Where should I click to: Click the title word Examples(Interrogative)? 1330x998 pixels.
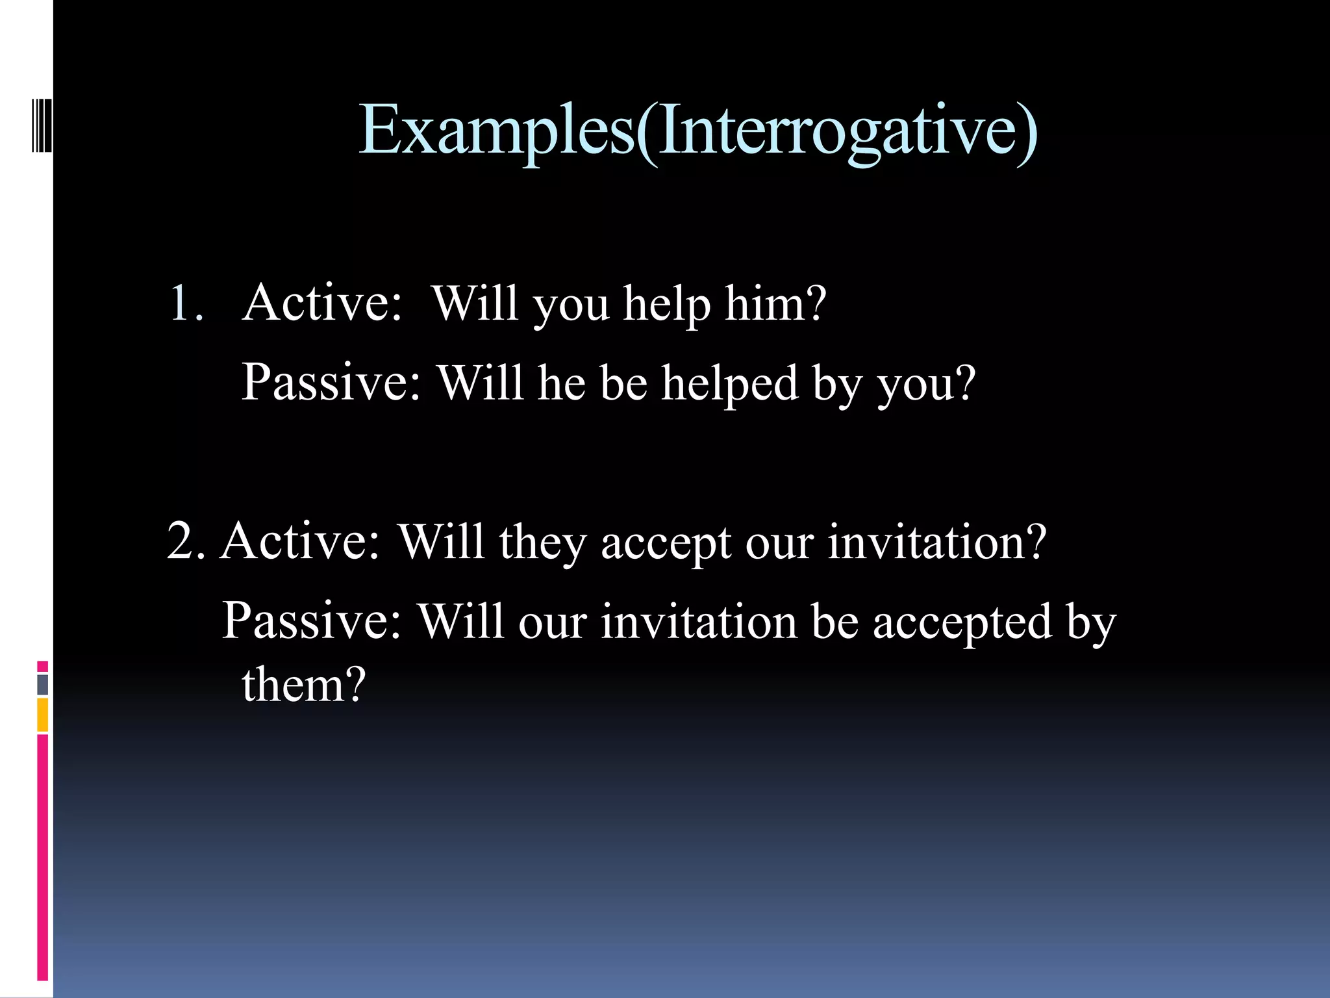[x=698, y=130]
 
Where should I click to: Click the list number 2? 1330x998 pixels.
[x=186, y=541]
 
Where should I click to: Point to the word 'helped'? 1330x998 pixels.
[x=729, y=383]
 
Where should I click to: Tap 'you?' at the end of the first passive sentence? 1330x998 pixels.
[x=927, y=383]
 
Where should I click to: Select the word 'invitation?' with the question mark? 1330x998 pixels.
[x=936, y=541]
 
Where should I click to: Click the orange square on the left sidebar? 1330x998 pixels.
[x=42, y=714]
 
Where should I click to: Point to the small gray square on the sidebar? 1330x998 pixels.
[x=42, y=684]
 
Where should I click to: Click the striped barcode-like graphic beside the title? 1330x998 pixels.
[x=41, y=116]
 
